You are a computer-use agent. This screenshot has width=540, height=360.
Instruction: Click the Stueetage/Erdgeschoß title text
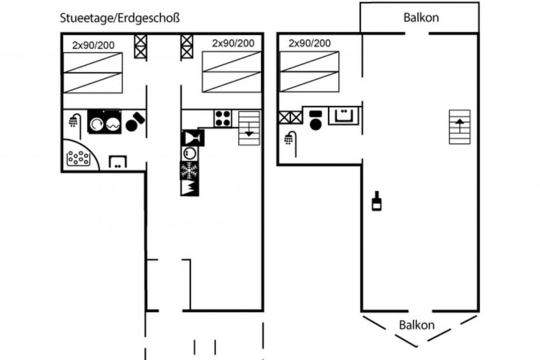[120, 18]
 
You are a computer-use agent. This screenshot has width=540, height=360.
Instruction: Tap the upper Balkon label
[421, 18]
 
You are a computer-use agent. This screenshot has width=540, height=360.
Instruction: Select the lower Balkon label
[416, 325]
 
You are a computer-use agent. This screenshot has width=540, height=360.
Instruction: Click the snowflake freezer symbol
[189, 170]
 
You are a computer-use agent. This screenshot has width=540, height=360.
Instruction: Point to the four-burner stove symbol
[223, 119]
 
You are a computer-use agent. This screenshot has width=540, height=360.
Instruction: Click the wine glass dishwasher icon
[192, 138]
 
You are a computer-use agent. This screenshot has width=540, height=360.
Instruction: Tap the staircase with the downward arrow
[249, 128]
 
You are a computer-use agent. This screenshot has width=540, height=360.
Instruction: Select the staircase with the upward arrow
[459, 127]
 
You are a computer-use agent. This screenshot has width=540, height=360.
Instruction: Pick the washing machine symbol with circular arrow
[96, 124]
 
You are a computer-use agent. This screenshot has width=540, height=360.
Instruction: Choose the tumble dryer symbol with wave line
[113, 124]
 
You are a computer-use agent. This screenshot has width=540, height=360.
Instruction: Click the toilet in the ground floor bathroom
[136, 122]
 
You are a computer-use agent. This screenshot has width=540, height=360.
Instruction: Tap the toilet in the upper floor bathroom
[315, 120]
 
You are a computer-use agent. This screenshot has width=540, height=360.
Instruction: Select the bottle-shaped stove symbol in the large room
[377, 201]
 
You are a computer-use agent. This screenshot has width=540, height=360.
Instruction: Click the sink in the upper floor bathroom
[344, 115]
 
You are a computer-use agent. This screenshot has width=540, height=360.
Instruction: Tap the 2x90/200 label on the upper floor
[309, 43]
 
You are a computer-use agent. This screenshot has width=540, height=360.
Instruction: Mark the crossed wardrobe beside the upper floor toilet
[290, 117]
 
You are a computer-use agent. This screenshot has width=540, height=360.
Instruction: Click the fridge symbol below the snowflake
[189, 188]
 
